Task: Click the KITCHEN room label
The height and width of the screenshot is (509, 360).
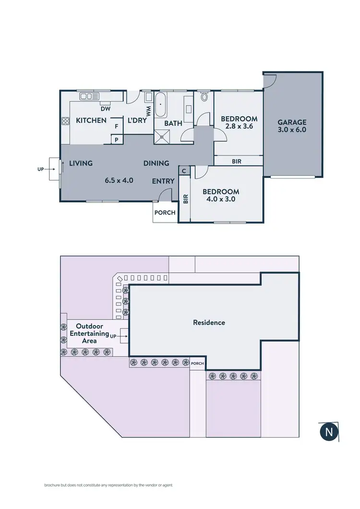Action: [91, 120]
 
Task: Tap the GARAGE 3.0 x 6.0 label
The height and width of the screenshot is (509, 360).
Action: [292, 126]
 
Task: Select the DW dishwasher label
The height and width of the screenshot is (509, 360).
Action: [106, 109]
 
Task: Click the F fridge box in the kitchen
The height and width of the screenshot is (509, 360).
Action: [116, 127]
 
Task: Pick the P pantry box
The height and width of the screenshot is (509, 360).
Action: [116, 139]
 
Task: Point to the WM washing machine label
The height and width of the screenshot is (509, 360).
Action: [148, 112]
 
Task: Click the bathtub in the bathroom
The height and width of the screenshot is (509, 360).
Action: [161, 106]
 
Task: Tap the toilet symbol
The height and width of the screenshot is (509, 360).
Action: [204, 97]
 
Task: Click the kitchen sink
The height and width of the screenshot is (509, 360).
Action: [88, 96]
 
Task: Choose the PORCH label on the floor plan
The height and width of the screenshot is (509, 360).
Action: [165, 213]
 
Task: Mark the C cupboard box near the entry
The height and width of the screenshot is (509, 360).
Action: [184, 170]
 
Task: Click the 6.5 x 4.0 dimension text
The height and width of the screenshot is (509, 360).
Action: [119, 181]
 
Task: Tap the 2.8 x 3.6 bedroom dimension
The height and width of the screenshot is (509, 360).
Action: [239, 127]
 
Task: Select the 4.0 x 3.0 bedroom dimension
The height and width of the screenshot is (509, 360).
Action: [220, 199]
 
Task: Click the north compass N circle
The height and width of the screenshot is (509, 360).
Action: [329, 432]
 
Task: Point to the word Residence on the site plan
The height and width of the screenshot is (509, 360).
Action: [209, 322]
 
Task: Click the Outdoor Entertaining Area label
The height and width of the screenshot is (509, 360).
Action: [89, 333]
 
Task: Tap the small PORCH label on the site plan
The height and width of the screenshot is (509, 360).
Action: [198, 364]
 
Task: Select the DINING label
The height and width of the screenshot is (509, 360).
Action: [156, 163]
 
